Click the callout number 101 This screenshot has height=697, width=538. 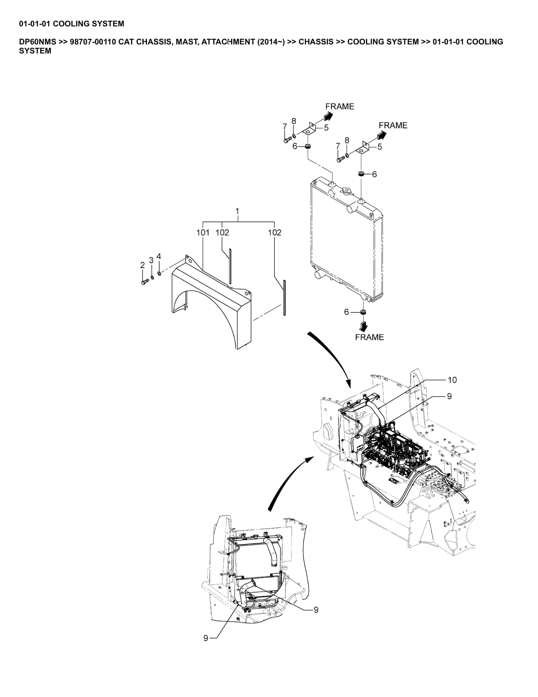tap(203, 233)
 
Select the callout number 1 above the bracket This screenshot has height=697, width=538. tap(237, 211)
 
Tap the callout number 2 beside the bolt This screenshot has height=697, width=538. tap(142, 265)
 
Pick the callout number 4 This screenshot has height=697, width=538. tap(159, 256)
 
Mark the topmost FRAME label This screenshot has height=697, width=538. tap(340, 106)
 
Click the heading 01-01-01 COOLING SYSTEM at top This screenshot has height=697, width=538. tap(71, 24)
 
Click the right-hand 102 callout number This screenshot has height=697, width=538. tap(274, 233)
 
